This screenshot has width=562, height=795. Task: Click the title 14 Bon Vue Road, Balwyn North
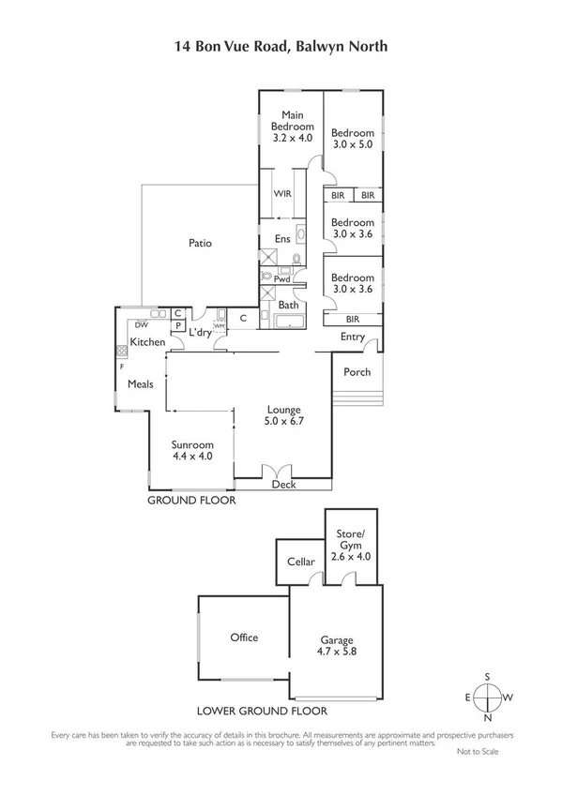click(281, 44)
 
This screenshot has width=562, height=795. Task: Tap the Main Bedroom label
click(291, 125)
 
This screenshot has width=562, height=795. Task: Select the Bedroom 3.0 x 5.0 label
click(353, 139)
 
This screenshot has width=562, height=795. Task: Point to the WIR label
click(281, 193)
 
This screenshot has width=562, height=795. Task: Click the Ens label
click(281, 238)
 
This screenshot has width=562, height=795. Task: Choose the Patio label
click(200, 243)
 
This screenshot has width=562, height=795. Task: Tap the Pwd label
click(281, 278)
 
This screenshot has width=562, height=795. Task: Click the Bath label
click(288, 305)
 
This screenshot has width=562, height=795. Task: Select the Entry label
click(353, 337)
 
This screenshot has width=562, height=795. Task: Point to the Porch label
click(357, 372)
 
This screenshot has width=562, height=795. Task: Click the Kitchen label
click(147, 343)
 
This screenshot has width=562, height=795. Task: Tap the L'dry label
click(200, 333)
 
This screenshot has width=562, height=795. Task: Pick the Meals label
click(141, 383)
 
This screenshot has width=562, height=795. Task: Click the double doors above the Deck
click(274, 472)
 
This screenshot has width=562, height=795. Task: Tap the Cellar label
click(299, 562)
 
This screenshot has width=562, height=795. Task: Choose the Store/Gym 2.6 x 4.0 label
click(349, 545)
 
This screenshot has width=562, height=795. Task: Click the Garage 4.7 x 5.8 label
click(335, 645)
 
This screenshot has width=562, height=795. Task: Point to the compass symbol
click(488, 697)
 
